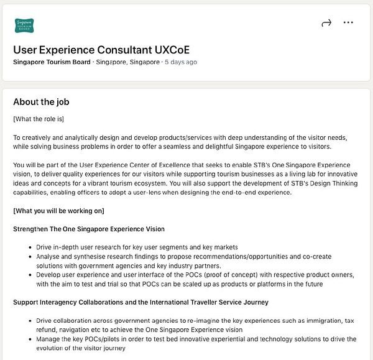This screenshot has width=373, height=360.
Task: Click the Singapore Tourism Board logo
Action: tap(24, 25)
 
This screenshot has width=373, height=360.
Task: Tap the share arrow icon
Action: tap(326, 23)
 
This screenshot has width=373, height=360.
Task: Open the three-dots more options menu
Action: tap(348, 23)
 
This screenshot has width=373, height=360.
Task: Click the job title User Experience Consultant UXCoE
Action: tap(101, 50)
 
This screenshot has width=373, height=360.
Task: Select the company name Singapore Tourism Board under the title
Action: tap(52, 62)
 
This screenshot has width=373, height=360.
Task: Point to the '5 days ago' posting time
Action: tap(181, 62)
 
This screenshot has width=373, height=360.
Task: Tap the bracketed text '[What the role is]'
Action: tap(39, 119)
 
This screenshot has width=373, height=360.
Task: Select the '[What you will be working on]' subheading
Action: tap(58, 211)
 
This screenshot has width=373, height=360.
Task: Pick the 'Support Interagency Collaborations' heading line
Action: tap(140, 302)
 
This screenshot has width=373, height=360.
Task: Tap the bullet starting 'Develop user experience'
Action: tap(186, 275)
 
